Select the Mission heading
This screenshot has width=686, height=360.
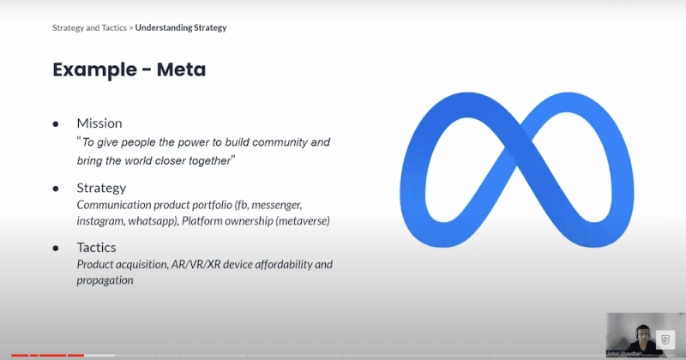click(99, 123)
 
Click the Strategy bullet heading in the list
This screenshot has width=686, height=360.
click(101, 187)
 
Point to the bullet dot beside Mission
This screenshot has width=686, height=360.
click(56, 123)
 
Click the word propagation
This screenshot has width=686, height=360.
click(105, 280)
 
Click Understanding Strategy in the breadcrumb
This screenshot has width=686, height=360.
click(181, 27)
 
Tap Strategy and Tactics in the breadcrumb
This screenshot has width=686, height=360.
click(89, 27)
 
